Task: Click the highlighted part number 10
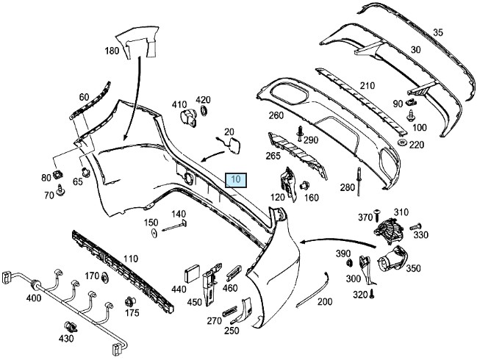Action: (x=237, y=179)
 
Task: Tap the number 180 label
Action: (x=112, y=51)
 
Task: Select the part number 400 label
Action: (x=33, y=298)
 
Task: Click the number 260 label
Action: (x=276, y=115)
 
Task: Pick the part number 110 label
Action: (x=129, y=258)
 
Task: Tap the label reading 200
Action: (x=324, y=302)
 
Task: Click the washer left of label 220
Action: (x=403, y=142)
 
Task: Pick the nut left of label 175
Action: (x=129, y=301)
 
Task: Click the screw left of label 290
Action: (x=301, y=132)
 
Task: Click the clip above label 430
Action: (x=72, y=326)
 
